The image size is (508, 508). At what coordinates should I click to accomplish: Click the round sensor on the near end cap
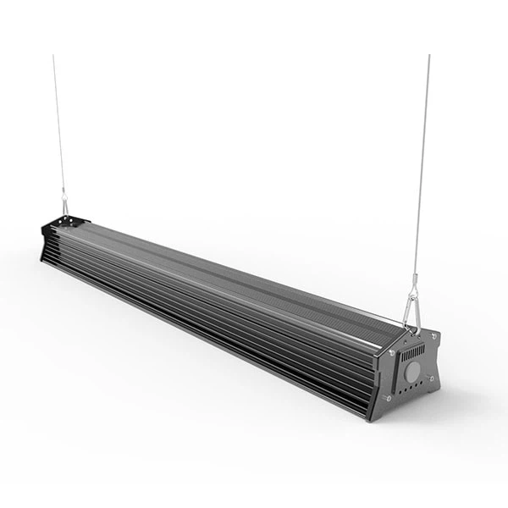[x=411, y=371]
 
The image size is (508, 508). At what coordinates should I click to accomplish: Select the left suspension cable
[x=58, y=127]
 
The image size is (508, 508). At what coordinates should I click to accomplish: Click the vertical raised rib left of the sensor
[x=396, y=373]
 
